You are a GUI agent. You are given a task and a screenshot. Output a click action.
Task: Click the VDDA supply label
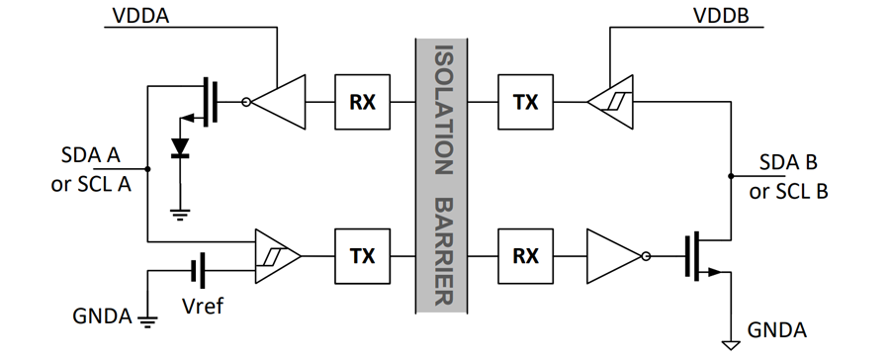point(140,16)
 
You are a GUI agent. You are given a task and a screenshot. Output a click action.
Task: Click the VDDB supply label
point(721,16)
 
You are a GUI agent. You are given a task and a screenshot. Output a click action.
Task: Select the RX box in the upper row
point(362,102)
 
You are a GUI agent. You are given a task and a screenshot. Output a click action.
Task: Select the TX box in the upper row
point(526,102)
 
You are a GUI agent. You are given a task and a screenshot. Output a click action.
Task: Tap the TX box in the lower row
point(362,256)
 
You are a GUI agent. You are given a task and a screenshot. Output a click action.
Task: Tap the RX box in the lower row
point(526,256)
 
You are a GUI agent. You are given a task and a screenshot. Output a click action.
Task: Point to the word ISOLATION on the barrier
point(443,110)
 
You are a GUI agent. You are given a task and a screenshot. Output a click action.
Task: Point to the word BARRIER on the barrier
point(443,252)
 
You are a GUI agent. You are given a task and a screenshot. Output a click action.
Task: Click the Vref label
point(203,306)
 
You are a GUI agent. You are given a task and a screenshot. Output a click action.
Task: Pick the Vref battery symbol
point(198,271)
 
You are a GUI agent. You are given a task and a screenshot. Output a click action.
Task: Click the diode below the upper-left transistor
point(181,147)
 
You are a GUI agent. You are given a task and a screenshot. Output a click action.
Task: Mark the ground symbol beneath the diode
point(181,215)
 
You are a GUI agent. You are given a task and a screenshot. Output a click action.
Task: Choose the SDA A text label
point(91,155)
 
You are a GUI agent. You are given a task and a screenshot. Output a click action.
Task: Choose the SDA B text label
point(788,162)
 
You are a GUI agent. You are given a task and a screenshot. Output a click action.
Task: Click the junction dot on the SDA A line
point(147,169)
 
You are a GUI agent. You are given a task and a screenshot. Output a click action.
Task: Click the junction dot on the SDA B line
point(731,176)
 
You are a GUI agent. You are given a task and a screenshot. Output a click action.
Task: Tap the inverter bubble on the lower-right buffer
point(646,256)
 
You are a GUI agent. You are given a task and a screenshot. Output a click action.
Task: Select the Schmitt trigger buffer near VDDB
point(610,102)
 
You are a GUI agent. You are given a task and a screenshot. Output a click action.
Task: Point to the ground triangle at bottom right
point(731,344)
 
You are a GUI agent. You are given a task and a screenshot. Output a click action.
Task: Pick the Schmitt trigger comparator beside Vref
point(278,256)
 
